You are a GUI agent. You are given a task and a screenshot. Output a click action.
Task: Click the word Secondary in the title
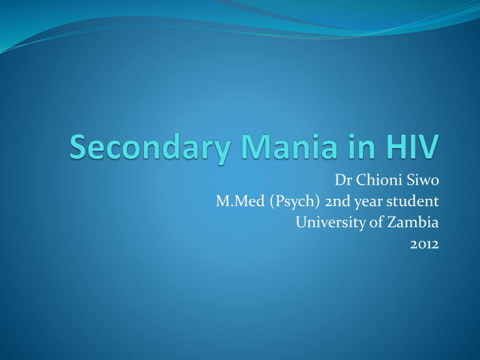[150, 147]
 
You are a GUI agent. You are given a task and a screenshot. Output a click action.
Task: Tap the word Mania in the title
[289, 146]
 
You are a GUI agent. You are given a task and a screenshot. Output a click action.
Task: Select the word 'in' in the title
[361, 146]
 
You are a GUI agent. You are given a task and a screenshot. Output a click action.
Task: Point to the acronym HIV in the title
[412, 147]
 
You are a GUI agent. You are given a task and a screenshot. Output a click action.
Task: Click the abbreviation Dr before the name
[343, 180]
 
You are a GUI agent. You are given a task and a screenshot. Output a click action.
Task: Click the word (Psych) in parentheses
[294, 202]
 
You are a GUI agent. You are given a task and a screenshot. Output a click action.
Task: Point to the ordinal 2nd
[337, 201]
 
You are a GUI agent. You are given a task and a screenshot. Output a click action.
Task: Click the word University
[330, 223]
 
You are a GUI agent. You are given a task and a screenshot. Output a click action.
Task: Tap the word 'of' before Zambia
[376, 222]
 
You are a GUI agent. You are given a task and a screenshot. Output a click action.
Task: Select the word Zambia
[413, 222]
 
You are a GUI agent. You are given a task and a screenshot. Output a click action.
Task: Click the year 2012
[424, 244]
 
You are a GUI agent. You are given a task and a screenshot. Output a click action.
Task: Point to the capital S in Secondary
[79, 147]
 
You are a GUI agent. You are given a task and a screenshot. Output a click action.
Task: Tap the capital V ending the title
[427, 147]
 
